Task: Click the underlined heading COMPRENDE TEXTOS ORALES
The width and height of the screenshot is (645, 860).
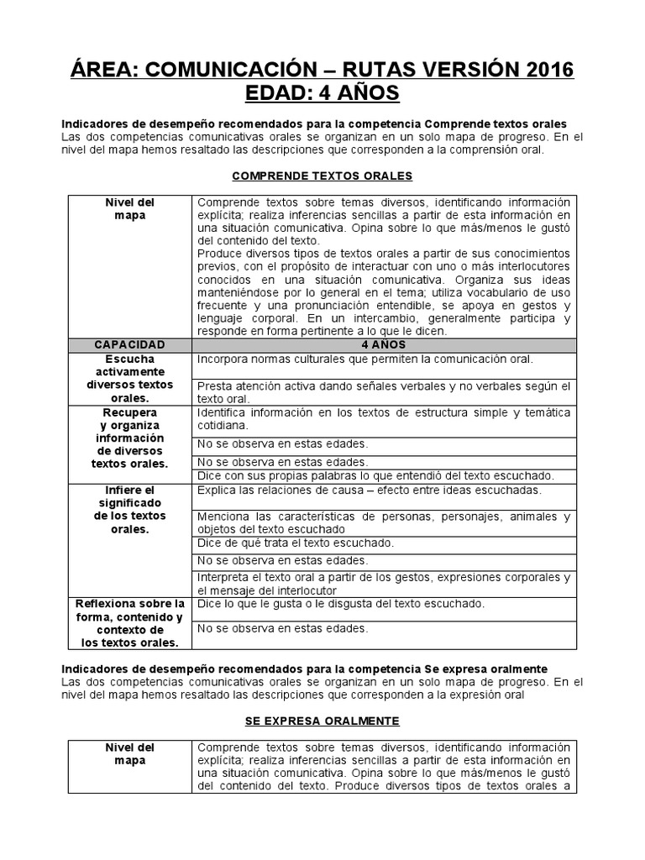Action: (x=322, y=176)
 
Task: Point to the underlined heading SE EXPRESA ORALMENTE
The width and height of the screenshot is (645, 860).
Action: (x=322, y=721)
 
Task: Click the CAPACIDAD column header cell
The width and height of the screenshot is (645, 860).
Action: (x=129, y=344)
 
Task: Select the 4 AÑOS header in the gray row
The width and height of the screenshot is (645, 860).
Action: (x=384, y=344)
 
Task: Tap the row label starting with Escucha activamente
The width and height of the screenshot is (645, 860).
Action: (x=129, y=379)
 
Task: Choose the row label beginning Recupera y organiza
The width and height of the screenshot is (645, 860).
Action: (x=129, y=438)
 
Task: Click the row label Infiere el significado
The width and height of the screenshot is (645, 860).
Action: (x=129, y=510)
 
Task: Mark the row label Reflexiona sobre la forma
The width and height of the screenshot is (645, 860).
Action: (x=129, y=623)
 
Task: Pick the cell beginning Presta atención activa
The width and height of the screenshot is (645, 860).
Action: (x=384, y=392)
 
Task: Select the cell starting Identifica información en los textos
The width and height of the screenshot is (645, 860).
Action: (x=384, y=419)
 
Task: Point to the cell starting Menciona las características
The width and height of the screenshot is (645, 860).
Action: (x=384, y=522)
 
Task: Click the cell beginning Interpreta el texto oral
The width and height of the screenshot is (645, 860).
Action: (x=384, y=584)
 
